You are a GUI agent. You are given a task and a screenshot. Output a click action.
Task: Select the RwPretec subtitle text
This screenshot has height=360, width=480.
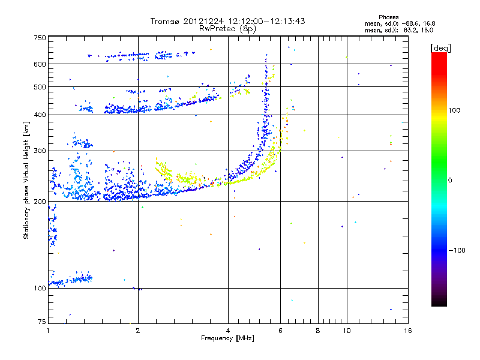pyautogui.click(x=222, y=28)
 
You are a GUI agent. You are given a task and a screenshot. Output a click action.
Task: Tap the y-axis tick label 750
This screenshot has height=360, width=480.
pyautogui.click(x=40, y=37)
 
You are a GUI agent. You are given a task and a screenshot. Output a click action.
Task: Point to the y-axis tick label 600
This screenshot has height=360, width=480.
pyautogui.click(x=40, y=64)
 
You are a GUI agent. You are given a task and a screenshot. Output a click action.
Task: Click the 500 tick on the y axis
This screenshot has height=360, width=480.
pyautogui.click(x=40, y=87)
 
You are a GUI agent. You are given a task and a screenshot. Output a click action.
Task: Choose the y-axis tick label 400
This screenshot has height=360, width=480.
pyautogui.click(x=40, y=115)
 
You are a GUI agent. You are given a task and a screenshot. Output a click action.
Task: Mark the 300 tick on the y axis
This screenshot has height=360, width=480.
pyautogui.click(x=40, y=151)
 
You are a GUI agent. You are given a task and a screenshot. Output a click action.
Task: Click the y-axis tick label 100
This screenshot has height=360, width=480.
pyautogui.click(x=40, y=289)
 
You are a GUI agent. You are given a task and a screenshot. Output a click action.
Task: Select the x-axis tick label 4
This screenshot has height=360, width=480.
pyautogui.click(x=228, y=331)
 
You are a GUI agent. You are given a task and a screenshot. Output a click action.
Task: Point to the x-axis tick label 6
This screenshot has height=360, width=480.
pyautogui.click(x=280, y=331)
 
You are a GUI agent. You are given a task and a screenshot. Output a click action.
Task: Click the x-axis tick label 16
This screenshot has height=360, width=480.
pyautogui.click(x=407, y=331)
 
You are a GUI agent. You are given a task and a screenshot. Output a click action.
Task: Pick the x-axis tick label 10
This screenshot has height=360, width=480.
pyautogui.click(x=346, y=331)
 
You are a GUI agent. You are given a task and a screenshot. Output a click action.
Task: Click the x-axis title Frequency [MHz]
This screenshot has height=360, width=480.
pyautogui.click(x=228, y=338)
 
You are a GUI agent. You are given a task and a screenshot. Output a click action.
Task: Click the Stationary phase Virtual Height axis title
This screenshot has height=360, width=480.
pyautogui.click(x=27, y=180)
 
